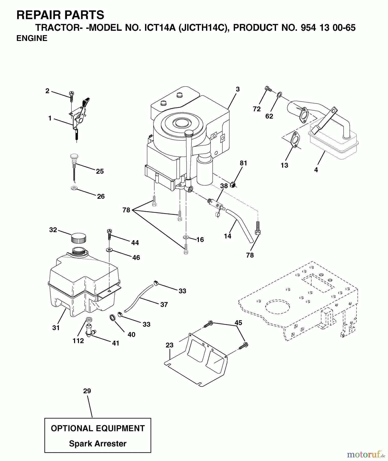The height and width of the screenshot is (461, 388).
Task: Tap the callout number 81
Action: click(x=243, y=163)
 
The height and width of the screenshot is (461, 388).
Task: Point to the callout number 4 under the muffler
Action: click(x=316, y=170)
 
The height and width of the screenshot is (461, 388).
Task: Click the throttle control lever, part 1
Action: click(x=79, y=114)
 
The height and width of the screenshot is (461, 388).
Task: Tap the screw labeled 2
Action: click(x=71, y=97)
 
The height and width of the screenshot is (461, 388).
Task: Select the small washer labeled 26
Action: click(x=74, y=188)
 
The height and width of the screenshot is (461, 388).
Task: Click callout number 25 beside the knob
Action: click(x=100, y=171)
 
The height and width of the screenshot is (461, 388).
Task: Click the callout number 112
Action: click(x=78, y=341)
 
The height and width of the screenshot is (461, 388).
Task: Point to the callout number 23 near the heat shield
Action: click(x=169, y=345)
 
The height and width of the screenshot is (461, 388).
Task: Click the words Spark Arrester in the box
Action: click(x=98, y=444)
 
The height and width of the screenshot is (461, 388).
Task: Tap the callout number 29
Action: click(x=87, y=391)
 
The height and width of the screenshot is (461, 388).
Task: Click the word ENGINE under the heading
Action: click(x=32, y=38)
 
